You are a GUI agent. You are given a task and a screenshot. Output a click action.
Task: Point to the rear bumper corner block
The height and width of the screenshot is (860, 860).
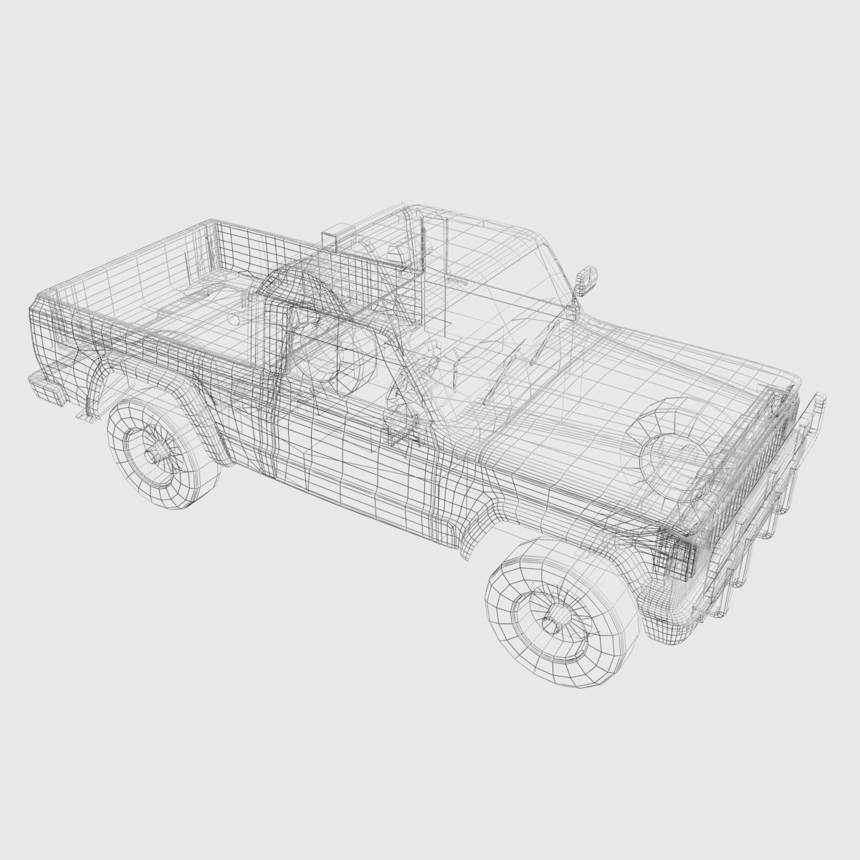click(x=44, y=387)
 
